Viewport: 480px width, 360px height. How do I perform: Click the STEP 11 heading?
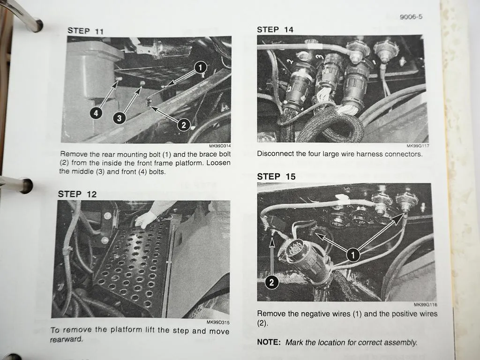click(85, 30)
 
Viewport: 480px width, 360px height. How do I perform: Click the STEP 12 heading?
click(77, 194)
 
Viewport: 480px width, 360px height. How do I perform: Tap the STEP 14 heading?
click(275, 30)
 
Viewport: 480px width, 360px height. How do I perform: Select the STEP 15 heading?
click(276, 177)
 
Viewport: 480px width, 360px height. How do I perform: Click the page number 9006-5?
click(411, 17)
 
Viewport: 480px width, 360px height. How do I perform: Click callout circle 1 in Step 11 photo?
click(200, 67)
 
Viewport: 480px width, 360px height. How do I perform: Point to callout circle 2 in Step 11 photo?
click(183, 124)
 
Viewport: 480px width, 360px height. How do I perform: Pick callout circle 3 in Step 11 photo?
click(119, 118)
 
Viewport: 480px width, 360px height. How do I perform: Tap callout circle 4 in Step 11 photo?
click(96, 113)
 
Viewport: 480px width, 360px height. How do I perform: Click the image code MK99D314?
click(220, 146)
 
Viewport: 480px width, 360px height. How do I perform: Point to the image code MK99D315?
click(218, 322)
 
